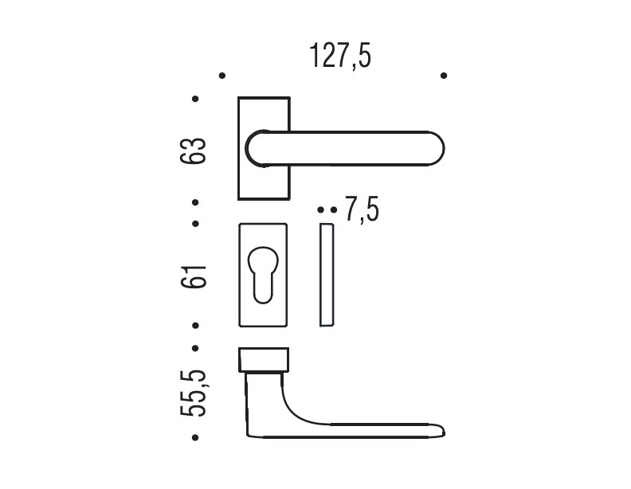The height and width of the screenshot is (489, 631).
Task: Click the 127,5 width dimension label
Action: tap(340, 56)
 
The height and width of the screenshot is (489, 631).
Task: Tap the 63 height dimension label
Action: tap(193, 151)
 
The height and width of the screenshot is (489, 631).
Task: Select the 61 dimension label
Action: tap(193, 276)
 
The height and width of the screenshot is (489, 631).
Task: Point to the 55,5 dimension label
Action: tap(193, 393)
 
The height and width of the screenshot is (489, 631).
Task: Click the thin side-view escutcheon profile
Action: tap(327, 275)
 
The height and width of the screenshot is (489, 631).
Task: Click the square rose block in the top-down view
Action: tap(264, 359)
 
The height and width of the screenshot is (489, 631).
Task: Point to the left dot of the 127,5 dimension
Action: tap(222, 76)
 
